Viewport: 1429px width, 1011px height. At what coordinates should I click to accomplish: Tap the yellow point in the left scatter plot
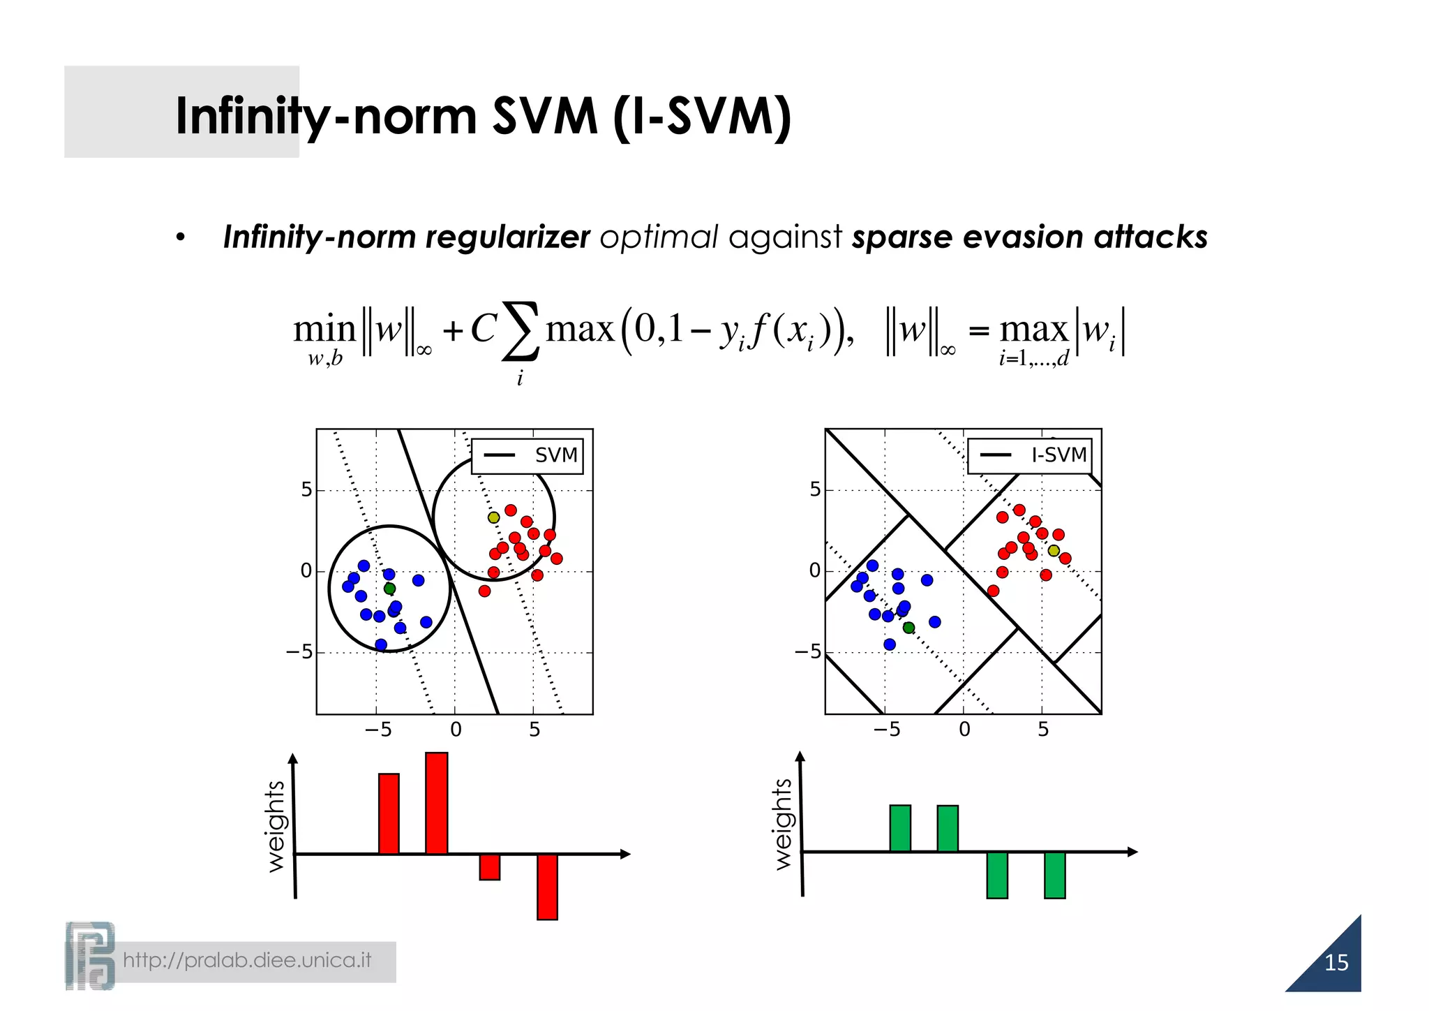click(x=493, y=517)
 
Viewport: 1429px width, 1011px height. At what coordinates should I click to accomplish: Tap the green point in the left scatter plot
click(x=389, y=589)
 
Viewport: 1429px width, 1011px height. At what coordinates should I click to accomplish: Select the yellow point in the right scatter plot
click(x=1054, y=551)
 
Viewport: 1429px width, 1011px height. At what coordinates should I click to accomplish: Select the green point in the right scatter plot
click(x=908, y=628)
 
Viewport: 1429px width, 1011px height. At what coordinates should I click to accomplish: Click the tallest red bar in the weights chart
click(x=436, y=803)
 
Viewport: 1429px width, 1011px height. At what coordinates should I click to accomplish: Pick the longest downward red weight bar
click(x=547, y=887)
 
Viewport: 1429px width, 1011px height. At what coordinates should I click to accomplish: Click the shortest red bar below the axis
click(x=489, y=866)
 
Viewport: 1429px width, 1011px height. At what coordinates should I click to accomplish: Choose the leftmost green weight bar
click(x=900, y=828)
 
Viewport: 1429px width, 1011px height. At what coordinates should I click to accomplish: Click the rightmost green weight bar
click(x=1054, y=875)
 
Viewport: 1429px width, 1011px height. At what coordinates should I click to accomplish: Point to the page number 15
click(x=1336, y=963)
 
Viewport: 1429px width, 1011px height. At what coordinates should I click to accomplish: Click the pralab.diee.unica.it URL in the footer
click(x=247, y=961)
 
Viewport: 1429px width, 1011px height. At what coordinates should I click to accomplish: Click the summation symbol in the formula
click(x=521, y=331)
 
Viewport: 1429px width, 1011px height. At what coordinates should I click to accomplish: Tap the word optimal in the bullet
click(x=658, y=237)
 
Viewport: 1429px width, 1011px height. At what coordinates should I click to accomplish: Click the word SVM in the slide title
click(x=544, y=116)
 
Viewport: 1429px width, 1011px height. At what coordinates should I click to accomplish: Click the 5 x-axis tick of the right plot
click(x=1042, y=730)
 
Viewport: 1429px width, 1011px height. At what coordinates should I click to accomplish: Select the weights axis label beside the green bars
click(x=784, y=824)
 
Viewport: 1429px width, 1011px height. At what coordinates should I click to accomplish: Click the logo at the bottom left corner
click(x=89, y=955)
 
